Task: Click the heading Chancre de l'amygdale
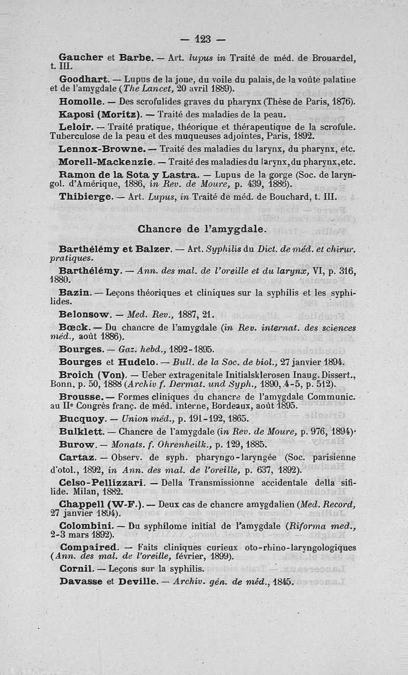202,230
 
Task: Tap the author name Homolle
80,102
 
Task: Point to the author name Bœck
75,327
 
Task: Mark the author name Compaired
89,547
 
